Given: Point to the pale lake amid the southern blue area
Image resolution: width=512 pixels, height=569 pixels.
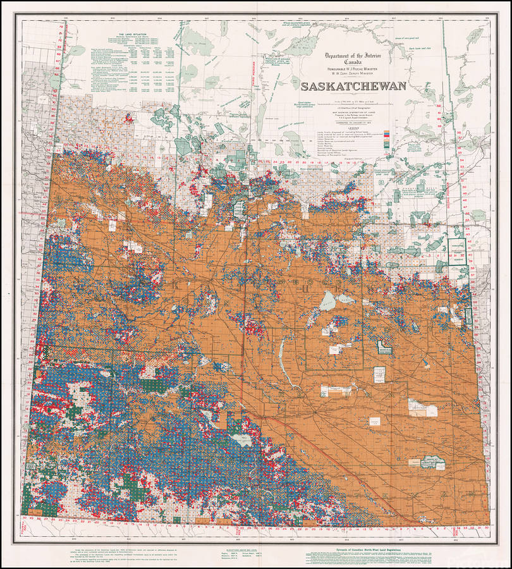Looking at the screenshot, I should coord(243,440).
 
